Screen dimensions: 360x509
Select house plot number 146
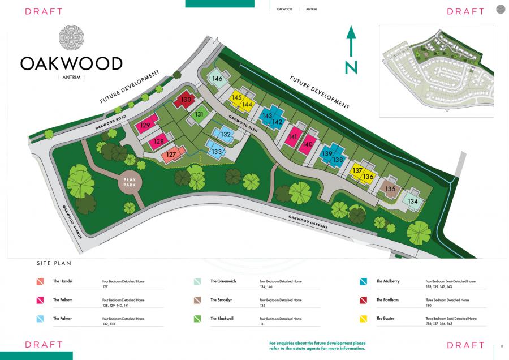[x=217, y=79]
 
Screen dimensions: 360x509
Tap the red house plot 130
[x=186, y=100]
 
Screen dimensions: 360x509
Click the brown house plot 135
[x=390, y=188]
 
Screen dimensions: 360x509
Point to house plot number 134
[x=413, y=200]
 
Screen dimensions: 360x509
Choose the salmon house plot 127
[x=172, y=153]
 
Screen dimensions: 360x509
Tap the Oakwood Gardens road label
[x=308, y=222]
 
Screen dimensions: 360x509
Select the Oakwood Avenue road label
[x=73, y=221]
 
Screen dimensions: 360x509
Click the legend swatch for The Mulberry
[x=364, y=281]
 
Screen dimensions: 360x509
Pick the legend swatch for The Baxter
[x=364, y=319]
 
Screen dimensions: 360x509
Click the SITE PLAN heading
[x=54, y=263]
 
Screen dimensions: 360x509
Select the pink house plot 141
[x=292, y=136]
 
